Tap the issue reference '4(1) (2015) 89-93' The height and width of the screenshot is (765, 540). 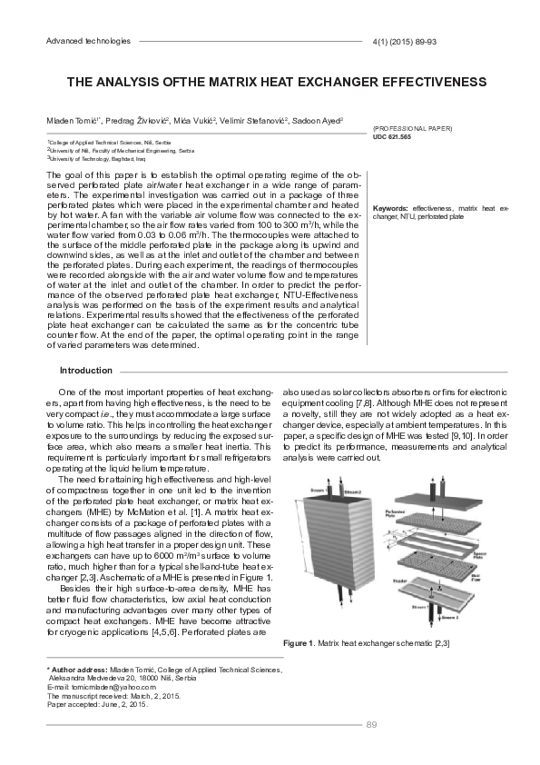405,42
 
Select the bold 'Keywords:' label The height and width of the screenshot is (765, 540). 390,209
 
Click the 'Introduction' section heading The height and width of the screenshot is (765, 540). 85,371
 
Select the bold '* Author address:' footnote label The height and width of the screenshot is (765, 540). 79,670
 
